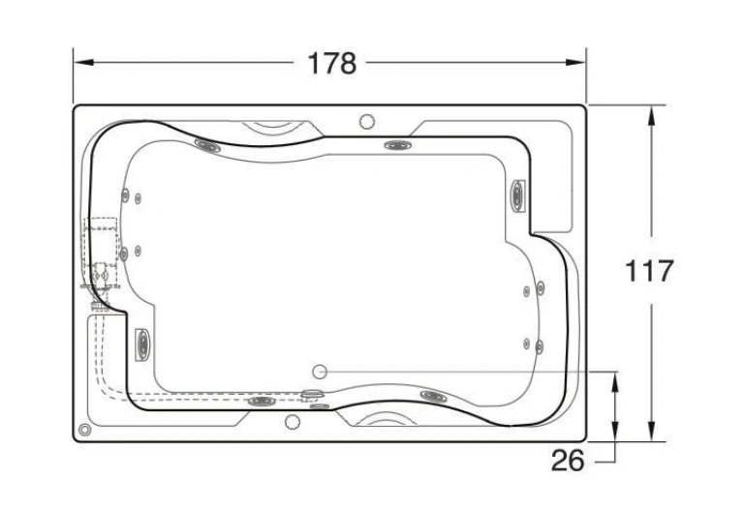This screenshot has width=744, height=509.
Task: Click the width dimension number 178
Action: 331,63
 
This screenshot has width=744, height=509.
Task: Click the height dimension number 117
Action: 649,271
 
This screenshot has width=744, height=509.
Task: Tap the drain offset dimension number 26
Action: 568,461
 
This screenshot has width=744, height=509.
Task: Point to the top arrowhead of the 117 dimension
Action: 651,115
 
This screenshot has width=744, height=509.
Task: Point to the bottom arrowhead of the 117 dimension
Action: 651,432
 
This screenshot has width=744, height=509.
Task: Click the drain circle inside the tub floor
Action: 320,372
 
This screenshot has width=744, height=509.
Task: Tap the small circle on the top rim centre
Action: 367,122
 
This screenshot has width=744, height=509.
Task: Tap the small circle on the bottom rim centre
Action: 293,422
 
